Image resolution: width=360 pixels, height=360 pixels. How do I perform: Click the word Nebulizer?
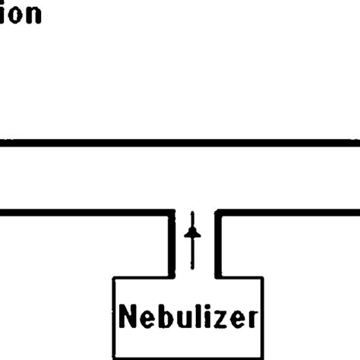click(x=188, y=318)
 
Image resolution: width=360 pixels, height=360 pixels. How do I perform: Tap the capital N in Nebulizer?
click(x=129, y=318)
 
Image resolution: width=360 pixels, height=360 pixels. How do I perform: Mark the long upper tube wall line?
click(x=180, y=142)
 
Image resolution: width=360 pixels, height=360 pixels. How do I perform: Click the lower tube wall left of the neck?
click(x=84, y=213)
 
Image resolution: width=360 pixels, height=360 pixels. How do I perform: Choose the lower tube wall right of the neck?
click(x=289, y=213)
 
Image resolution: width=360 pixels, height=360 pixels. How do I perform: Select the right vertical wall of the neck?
click(x=218, y=243)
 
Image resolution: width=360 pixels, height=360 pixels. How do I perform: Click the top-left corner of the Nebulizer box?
click(x=114, y=276)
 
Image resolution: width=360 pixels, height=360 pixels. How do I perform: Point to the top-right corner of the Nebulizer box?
click(x=264, y=276)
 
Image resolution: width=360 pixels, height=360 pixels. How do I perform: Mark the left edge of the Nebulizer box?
click(x=114, y=319)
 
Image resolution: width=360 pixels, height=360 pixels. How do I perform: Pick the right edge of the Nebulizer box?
click(x=264, y=319)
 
